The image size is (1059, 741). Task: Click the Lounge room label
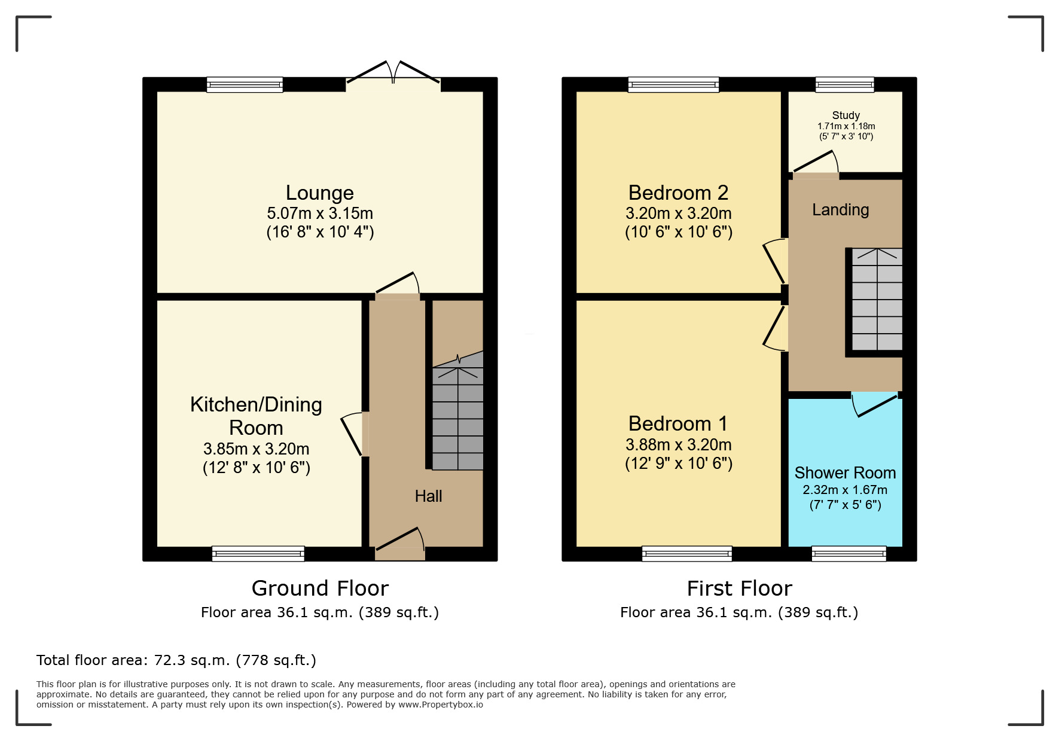[x=320, y=193]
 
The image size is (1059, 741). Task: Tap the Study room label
[x=846, y=115]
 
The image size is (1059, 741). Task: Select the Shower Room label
[x=845, y=472]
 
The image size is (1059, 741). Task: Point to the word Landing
[x=840, y=210]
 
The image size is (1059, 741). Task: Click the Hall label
[x=428, y=496]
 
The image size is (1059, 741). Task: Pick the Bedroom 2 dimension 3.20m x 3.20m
[x=679, y=213]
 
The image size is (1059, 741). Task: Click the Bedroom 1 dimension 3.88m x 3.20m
[x=679, y=444]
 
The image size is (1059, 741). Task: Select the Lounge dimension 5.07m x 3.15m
[x=320, y=213]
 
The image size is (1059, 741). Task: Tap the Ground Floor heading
[x=320, y=588]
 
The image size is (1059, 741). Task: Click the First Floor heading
[x=739, y=588]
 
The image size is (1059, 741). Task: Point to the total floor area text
[x=176, y=660]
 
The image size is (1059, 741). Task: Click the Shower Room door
[x=877, y=405]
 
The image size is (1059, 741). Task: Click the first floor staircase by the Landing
[x=877, y=299]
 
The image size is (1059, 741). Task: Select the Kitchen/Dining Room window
[x=258, y=554]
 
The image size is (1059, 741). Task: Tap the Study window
[x=845, y=85]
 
